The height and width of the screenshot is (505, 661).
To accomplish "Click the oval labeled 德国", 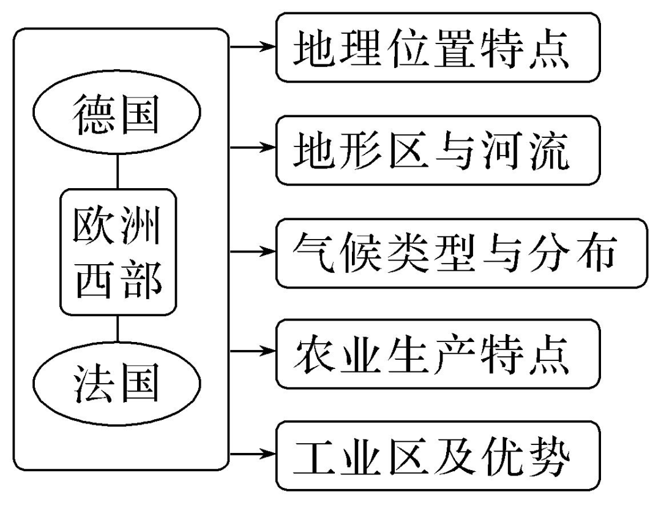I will [117, 115].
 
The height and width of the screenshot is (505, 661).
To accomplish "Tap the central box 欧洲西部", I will [118, 250].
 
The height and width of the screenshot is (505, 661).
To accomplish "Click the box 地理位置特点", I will [436, 47].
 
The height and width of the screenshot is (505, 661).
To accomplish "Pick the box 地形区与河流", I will [436, 150].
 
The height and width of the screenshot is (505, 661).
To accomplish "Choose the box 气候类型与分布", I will [461, 252].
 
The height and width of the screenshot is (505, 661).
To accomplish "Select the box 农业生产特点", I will [436, 354].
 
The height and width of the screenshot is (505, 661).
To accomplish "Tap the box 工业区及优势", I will [436, 455].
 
